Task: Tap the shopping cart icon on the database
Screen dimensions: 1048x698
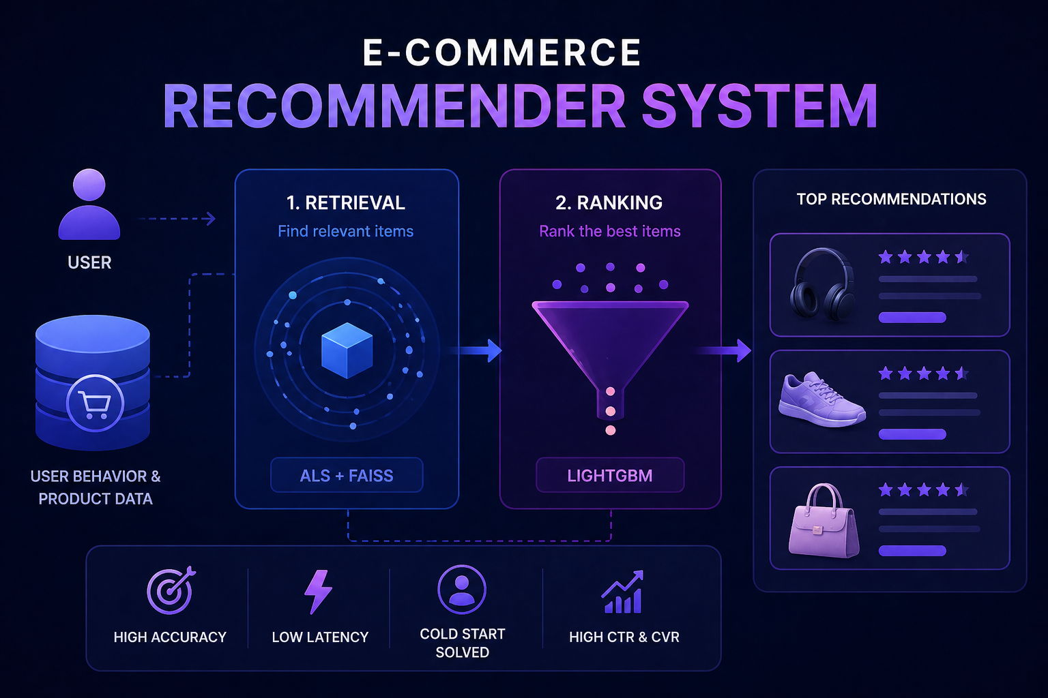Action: tap(95, 403)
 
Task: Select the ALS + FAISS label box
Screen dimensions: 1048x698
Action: tap(347, 475)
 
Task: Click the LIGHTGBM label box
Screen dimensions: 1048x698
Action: tap(610, 475)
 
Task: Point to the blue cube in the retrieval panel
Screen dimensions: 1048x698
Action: tap(347, 350)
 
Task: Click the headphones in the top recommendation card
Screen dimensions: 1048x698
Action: tap(822, 284)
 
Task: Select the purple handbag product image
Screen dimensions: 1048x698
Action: tap(824, 520)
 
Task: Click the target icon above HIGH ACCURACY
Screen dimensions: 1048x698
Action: tap(171, 590)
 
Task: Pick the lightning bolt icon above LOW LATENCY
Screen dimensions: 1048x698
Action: tap(318, 592)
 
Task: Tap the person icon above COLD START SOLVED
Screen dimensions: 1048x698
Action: tap(462, 590)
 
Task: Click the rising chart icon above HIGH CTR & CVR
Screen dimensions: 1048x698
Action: tap(622, 592)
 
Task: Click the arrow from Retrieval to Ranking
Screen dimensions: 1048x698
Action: tap(474, 350)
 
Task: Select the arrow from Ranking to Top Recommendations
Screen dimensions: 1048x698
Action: tap(724, 350)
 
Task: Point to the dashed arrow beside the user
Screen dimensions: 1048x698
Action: tap(177, 218)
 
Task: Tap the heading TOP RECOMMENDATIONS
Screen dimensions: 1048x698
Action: tap(891, 199)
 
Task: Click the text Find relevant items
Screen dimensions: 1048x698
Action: tap(346, 231)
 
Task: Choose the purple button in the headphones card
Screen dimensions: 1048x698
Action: tap(912, 318)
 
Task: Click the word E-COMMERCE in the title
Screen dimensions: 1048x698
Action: tap(501, 52)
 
